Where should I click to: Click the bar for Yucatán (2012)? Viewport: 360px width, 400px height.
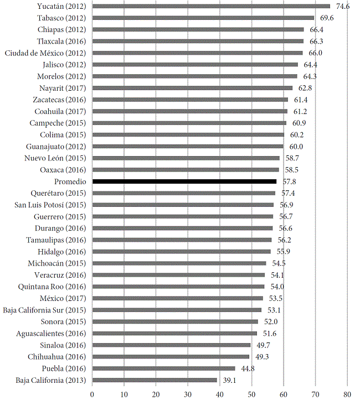(210, 6)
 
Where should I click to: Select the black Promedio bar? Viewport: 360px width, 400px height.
(184, 181)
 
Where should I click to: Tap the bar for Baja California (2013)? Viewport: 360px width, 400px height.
(155, 380)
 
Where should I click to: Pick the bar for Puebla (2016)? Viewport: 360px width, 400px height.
(163, 368)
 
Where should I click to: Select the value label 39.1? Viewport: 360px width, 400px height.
(229, 381)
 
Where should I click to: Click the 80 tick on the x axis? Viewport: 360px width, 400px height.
(347, 393)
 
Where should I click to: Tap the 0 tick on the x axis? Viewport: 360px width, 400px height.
(92, 393)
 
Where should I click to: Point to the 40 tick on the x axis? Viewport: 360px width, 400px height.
(220, 393)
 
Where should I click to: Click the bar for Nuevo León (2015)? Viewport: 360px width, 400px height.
(186, 158)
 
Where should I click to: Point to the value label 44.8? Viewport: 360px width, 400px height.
(248, 369)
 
